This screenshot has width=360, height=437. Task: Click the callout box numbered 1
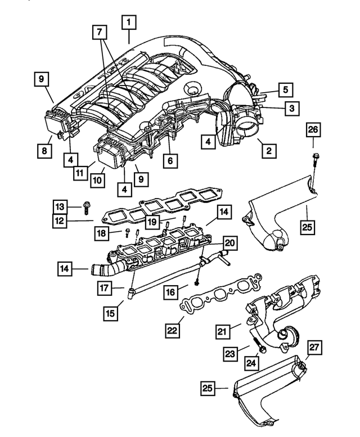pos(129,23)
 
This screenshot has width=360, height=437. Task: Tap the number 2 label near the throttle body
pos(268,150)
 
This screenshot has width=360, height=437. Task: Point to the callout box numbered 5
pos(285,89)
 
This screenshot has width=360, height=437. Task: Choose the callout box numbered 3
pos(291,107)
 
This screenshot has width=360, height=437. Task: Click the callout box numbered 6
pos(169,160)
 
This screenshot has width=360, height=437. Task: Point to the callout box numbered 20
pos(229,244)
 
